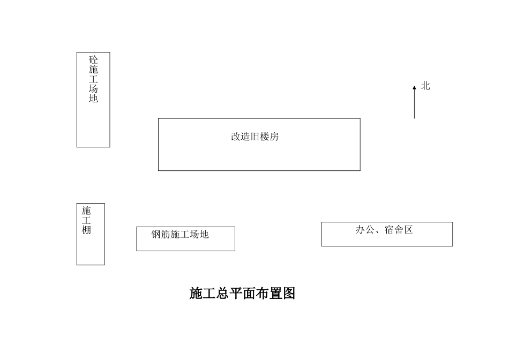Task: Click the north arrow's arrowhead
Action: click(x=414, y=87)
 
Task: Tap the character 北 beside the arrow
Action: click(x=425, y=86)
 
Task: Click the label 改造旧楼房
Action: click(x=255, y=137)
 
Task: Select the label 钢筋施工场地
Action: click(x=179, y=234)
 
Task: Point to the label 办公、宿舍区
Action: click(x=384, y=230)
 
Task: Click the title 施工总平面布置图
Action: click(x=242, y=294)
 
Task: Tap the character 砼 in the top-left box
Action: click(x=93, y=60)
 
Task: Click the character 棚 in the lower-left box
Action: click(x=86, y=230)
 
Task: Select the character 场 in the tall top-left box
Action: click(x=93, y=89)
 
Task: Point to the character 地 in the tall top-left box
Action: click(x=93, y=99)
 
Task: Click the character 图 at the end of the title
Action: click(x=289, y=294)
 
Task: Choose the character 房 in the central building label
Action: click(x=274, y=137)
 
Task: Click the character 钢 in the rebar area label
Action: click(x=156, y=234)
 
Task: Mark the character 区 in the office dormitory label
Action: click(x=408, y=230)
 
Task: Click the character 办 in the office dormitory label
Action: click(x=361, y=230)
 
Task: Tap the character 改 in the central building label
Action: click(x=236, y=137)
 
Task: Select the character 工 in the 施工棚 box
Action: click(x=86, y=220)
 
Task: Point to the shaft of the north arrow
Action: click(x=414, y=104)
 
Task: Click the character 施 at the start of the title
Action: click(x=196, y=294)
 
